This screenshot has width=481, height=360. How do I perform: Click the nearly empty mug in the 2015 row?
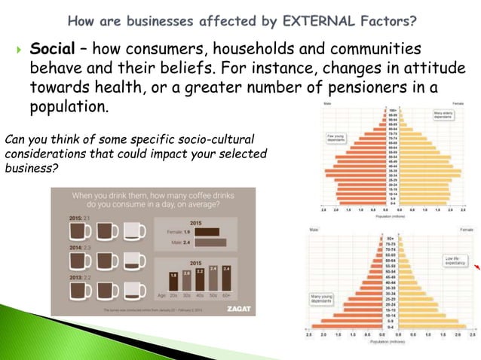(134, 230)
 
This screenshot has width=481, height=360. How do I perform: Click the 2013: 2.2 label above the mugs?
(61, 277)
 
